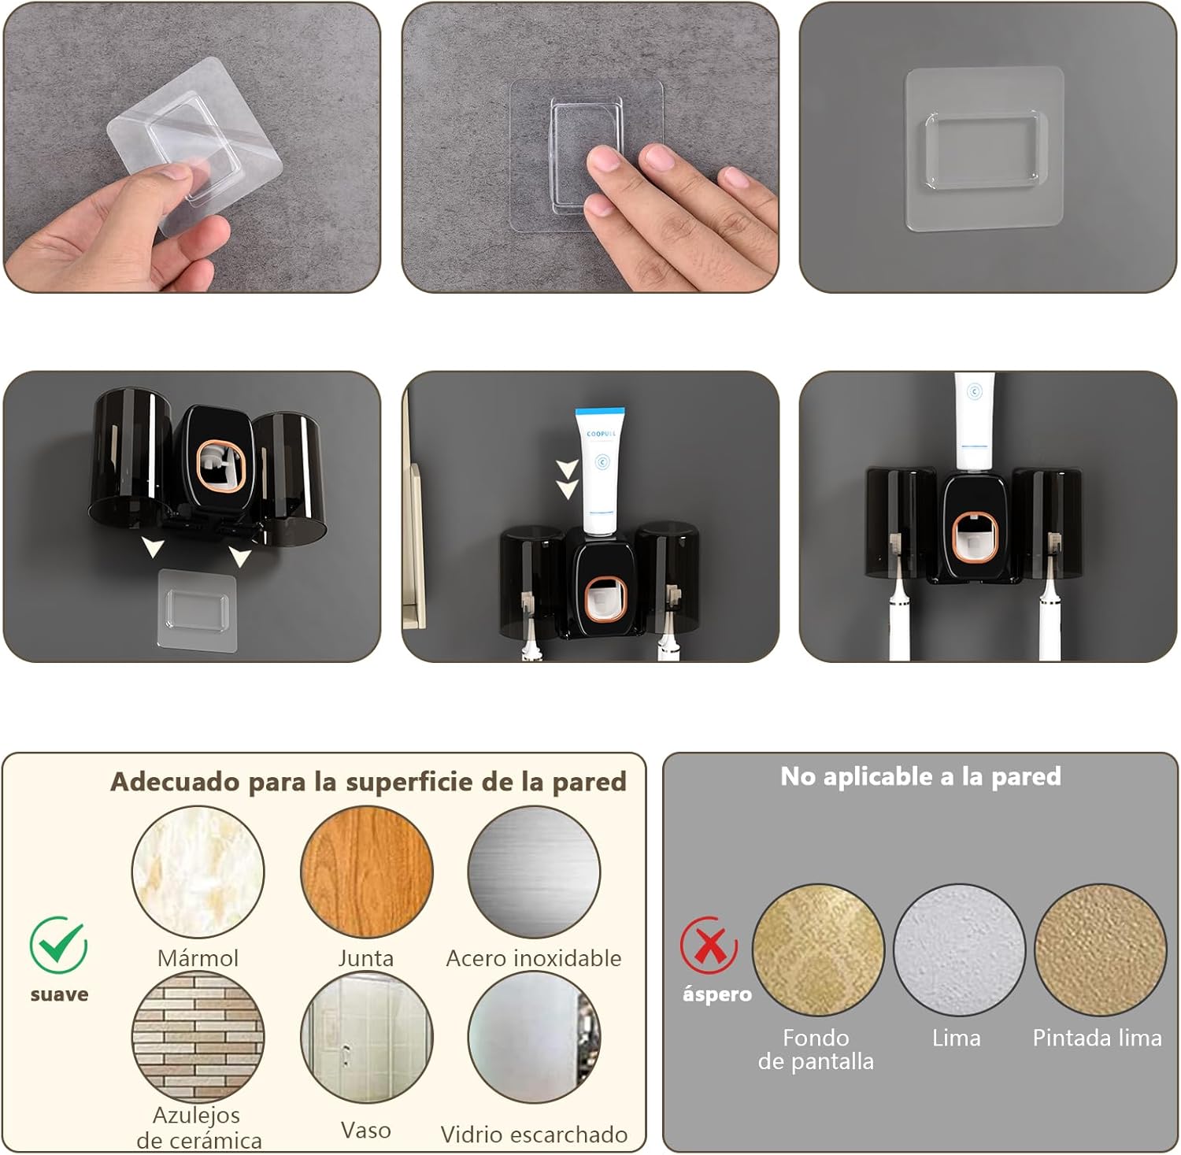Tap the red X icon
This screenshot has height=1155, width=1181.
(x=709, y=945)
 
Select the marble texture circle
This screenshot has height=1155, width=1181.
(x=198, y=872)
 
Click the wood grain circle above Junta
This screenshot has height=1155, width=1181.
(x=367, y=872)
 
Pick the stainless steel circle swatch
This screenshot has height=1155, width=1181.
(x=534, y=872)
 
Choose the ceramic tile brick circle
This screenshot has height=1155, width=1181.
(x=198, y=1037)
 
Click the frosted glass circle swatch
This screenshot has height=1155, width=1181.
(x=534, y=1037)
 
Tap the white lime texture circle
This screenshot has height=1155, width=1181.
(x=959, y=950)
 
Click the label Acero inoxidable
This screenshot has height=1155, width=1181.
(x=534, y=958)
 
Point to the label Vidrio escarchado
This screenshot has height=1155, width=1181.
(x=534, y=1135)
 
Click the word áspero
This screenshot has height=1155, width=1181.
(x=716, y=994)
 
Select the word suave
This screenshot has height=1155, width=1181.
(x=59, y=994)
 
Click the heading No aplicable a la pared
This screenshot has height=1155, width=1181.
(x=920, y=777)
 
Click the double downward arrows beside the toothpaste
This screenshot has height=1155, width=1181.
(x=567, y=479)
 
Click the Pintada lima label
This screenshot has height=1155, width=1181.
(x=1098, y=1038)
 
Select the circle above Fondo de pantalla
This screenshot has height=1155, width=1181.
(x=819, y=950)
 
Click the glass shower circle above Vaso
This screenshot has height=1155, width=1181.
(x=367, y=1037)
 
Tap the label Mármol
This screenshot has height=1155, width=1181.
(x=198, y=958)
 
